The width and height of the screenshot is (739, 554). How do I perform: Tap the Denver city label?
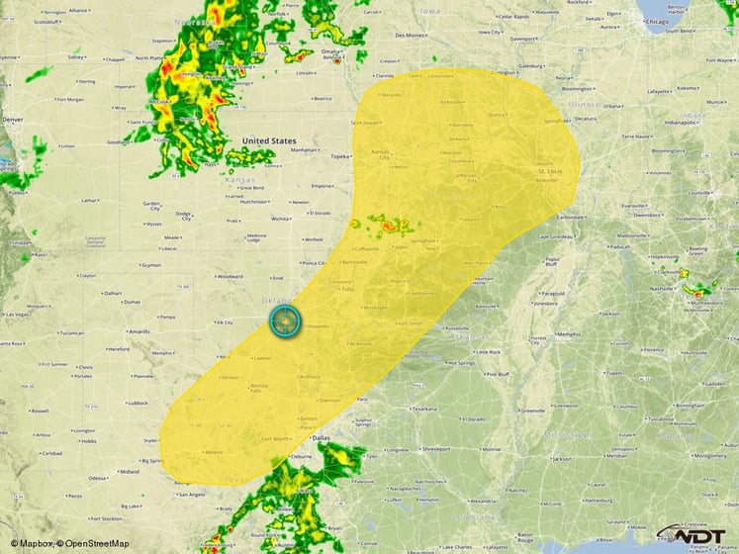[13, 120]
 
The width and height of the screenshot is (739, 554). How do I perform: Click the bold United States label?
[269, 141]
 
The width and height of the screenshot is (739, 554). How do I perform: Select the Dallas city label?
[320, 436]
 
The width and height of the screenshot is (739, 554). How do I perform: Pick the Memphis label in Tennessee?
[568, 334]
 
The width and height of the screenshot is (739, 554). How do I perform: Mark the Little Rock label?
[487, 351]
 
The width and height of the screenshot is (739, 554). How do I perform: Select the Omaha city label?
[330, 51]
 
